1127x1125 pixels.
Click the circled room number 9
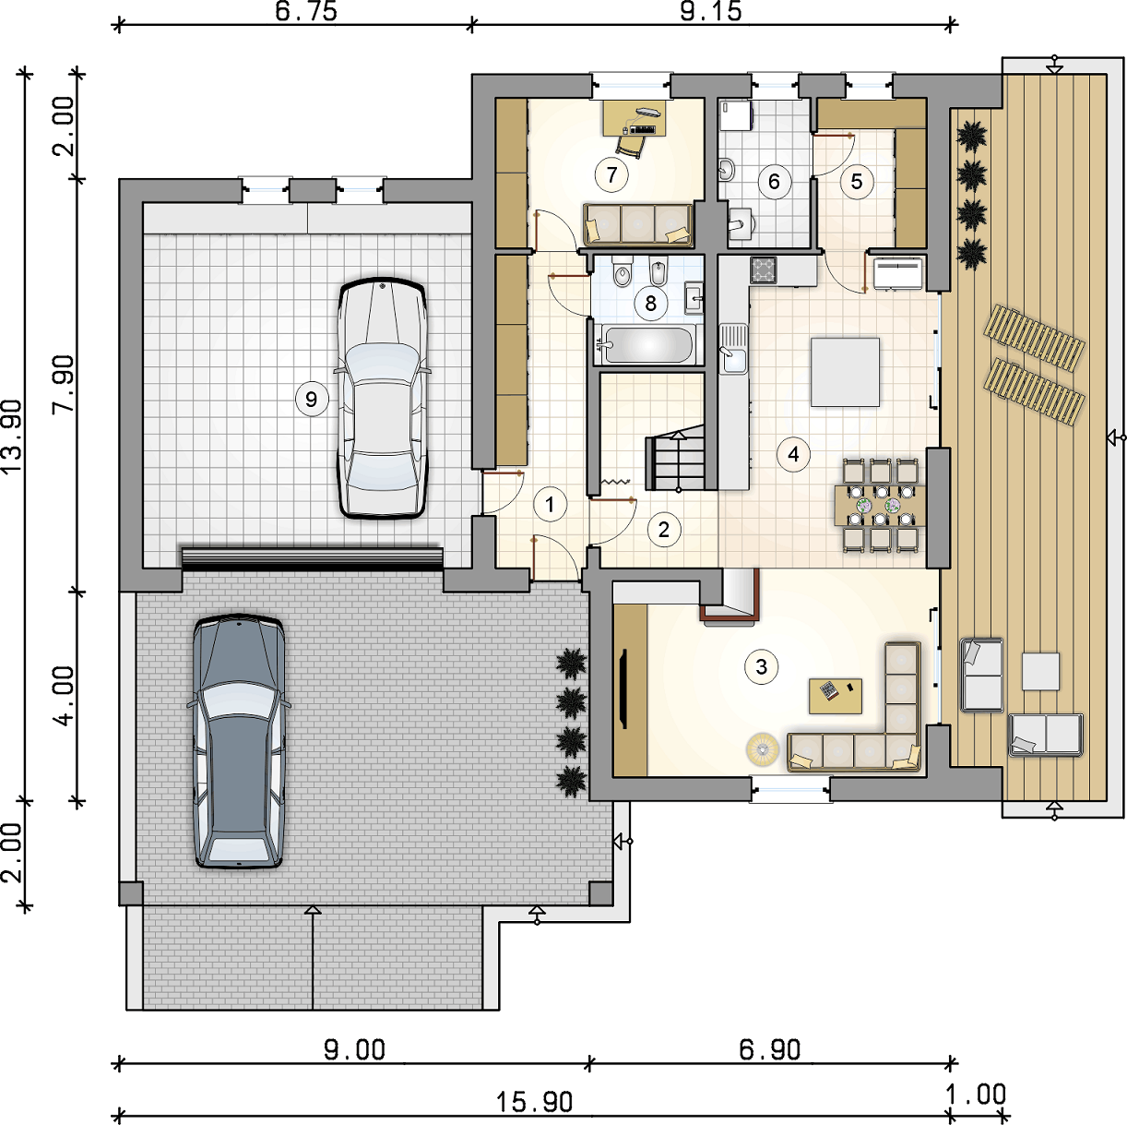click(x=311, y=400)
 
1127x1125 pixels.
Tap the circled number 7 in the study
click(x=611, y=174)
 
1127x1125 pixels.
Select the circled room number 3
click(x=761, y=666)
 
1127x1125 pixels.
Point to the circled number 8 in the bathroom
click(x=650, y=304)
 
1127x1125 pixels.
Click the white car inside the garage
click(x=382, y=398)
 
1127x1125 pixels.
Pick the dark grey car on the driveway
click(x=239, y=741)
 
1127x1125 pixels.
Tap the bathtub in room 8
click(x=648, y=344)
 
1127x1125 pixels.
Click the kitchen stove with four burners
click(x=764, y=270)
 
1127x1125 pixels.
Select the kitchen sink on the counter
click(x=733, y=349)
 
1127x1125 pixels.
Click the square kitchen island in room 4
click(x=845, y=372)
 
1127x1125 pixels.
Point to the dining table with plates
click(x=880, y=505)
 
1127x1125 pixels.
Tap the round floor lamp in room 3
click(x=762, y=749)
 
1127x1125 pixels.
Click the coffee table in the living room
click(x=836, y=696)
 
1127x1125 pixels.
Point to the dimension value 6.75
click(x=306, y=11)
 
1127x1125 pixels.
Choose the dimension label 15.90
click(x=534, y=1103)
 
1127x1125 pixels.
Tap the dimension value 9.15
click(x=710, y=11)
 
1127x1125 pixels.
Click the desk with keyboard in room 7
click(x=635, y=118)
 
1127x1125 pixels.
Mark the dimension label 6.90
click(x=770, y=1050)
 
